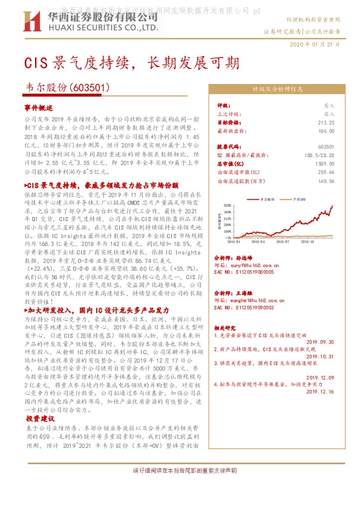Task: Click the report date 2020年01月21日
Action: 316,45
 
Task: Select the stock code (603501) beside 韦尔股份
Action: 92,87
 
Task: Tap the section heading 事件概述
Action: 39,106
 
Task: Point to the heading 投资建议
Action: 41,418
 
